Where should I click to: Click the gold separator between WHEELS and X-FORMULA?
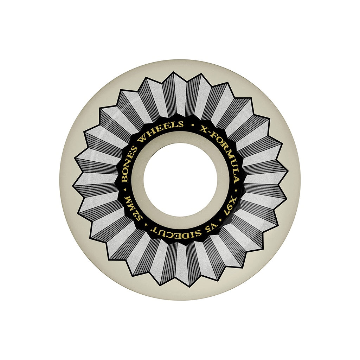click(x=192, y=125)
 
